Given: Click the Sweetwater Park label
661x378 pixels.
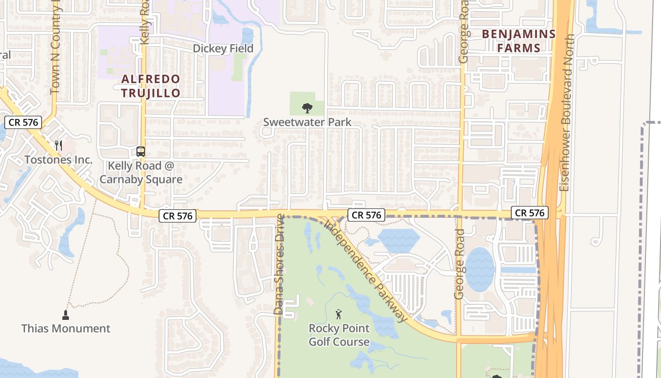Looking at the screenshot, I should point(307,122).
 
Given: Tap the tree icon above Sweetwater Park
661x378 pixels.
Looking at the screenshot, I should point(307,108).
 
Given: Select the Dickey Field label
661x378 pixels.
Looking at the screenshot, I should point(223,49).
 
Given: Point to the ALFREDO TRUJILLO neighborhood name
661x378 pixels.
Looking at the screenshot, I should point(151,86).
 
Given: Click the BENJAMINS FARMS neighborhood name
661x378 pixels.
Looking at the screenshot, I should point(518,41).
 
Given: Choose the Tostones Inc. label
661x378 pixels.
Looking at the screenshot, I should point(59,160).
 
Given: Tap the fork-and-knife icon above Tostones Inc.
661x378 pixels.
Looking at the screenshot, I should point(59,145).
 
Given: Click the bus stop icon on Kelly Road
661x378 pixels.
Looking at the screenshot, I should point(141,152).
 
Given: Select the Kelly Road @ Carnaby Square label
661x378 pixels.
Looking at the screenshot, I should point(141,173).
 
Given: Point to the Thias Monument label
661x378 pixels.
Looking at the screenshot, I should point(66,328).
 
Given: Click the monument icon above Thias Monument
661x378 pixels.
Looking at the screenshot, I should point(66,315).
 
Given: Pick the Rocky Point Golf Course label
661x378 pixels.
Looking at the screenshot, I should point(339,335).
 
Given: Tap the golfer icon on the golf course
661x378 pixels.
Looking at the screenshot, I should point(339,314).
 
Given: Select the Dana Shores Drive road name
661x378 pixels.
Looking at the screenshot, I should point(280,265).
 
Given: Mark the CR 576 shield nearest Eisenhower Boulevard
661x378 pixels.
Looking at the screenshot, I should point(530,213).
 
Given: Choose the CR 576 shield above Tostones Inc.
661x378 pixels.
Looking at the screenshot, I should point(23,123).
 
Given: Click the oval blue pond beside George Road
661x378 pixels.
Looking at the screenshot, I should point(480,269).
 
